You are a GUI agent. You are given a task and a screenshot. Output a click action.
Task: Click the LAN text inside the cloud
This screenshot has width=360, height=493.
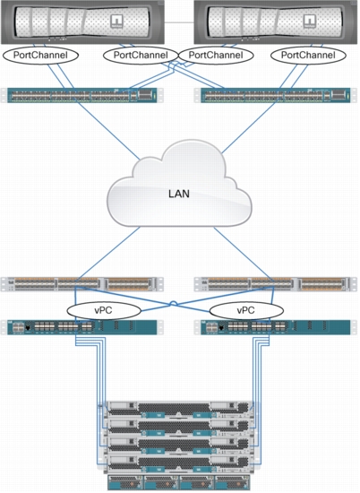[179, 194]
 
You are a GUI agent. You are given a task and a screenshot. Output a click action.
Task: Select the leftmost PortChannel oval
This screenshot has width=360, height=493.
[40, 56]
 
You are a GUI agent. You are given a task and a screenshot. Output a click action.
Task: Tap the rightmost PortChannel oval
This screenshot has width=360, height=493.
[308, 56]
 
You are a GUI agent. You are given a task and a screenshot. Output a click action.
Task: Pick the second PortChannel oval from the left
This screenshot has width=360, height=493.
[141, 56]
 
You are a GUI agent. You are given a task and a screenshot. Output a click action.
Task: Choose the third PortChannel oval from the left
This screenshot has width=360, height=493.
[216, 56]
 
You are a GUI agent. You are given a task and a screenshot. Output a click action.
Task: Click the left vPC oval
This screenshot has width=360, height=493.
[104, 311]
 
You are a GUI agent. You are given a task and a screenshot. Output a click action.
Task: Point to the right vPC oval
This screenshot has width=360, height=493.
[246, 311]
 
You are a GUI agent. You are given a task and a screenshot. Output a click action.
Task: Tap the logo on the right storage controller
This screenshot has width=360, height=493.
[309, 22]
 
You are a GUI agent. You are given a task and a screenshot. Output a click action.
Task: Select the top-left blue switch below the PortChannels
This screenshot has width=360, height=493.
[82, 95]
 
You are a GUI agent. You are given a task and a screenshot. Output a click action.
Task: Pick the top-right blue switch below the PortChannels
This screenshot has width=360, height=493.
[276, 95]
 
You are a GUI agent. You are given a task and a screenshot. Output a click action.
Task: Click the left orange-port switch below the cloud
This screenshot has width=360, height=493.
[82, 284]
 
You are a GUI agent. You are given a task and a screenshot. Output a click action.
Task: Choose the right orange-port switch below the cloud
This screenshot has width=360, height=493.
[276, 284]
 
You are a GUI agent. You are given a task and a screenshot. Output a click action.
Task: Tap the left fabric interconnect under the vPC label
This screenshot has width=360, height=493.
[82, 327]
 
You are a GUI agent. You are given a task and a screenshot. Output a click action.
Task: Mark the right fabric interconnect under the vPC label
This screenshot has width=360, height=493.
[276, 327]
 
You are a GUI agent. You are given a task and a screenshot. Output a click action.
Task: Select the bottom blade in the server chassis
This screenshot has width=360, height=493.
[180, 463]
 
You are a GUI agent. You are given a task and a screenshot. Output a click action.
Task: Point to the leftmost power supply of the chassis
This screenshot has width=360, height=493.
[125, 482]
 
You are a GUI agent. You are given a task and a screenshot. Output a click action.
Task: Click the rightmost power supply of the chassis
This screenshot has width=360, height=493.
[233, 482]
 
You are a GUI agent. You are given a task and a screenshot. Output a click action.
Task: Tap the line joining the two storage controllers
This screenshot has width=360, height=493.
[179, 22]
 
